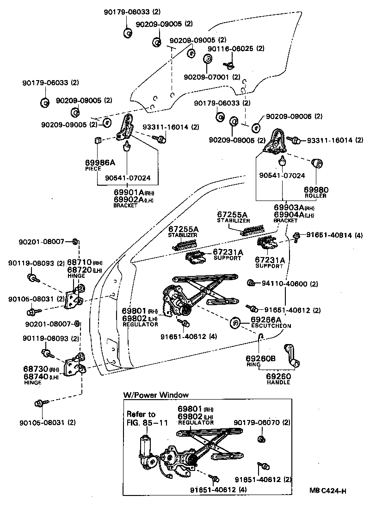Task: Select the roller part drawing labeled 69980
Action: point(318,163)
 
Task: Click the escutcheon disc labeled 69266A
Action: point(234,322)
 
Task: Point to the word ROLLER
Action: point(316,196)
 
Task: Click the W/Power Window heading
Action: point(156,395)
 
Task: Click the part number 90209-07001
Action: point(206,76)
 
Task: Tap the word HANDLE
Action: point(278,382)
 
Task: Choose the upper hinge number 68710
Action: point(80,263)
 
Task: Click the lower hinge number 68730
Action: point(35,369)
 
